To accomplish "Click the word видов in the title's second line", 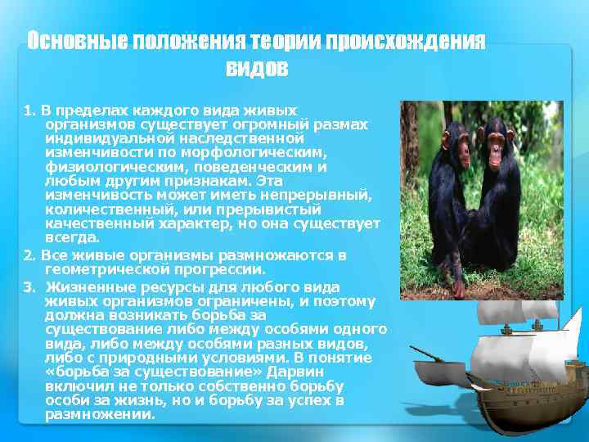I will tap(256, 69).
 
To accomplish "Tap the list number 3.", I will tap(29, 287).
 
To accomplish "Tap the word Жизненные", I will tap(82, 287).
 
